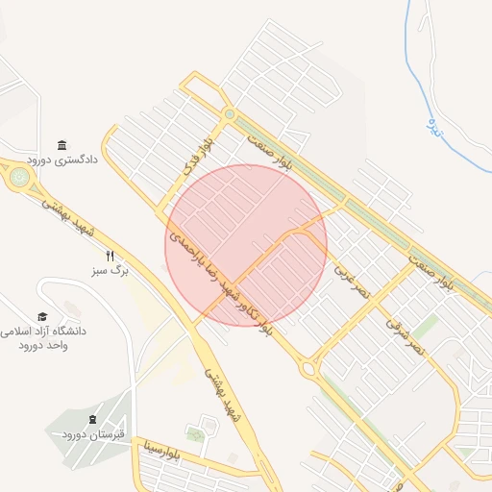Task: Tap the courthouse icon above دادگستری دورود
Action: tap(62, 144)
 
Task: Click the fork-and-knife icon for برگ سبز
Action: tap(110, 256)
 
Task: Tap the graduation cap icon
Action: tap(42, 316)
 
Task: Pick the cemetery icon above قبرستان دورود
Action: tap(92, 420)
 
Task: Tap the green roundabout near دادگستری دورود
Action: tap(19, 177)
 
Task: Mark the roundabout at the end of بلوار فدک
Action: tap(229, 114)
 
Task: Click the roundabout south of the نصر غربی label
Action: tap(308, 368)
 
